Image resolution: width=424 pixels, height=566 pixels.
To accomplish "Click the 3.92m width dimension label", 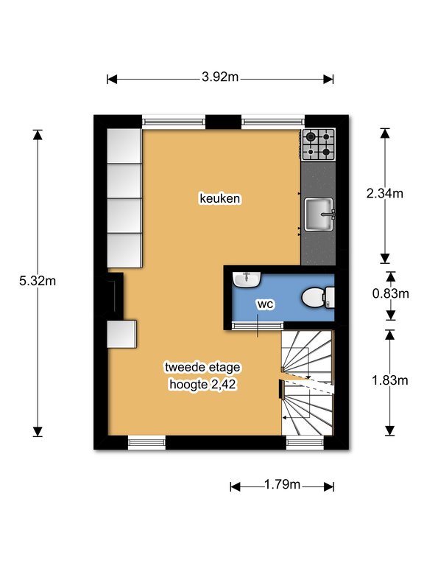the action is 220,77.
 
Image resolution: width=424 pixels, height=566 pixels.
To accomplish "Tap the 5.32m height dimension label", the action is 38,281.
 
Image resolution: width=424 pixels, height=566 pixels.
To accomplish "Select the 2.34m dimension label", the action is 385,194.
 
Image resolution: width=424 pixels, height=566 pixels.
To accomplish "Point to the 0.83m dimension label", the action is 391,293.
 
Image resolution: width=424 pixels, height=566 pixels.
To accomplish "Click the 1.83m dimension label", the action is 389,380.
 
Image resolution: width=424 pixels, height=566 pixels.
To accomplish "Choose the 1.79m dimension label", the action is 282,484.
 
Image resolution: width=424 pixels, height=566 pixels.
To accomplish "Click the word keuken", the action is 220,198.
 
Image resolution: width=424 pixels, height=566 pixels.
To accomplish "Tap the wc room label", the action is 265,304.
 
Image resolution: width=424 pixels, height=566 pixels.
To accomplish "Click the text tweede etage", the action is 202,367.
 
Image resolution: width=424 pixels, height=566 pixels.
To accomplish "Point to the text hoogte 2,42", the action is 202,384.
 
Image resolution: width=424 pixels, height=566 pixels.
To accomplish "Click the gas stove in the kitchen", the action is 318,144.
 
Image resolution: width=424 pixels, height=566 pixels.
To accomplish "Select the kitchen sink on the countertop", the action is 319,214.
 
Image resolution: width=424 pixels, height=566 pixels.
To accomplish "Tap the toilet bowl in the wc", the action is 317,297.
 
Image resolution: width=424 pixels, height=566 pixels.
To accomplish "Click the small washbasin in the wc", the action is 247,280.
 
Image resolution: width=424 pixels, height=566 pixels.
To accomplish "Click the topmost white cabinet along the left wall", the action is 124,146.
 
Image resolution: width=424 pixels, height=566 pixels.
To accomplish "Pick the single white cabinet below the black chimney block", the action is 122,334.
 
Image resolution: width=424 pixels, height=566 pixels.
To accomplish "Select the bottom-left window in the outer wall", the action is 146,443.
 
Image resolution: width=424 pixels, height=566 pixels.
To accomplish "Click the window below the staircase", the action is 305,443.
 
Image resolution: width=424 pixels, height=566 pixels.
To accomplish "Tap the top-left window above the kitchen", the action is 174,122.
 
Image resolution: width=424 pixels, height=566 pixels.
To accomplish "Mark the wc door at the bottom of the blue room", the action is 257,326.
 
